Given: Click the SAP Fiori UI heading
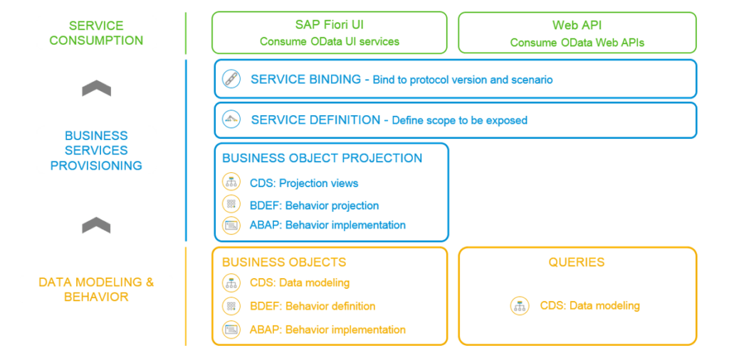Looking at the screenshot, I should (x=329, y=25).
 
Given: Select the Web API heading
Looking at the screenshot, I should (x=577, y=25).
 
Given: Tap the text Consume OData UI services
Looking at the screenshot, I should (x=329, y=41).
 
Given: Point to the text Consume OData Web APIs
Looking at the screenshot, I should (x=577, y=42).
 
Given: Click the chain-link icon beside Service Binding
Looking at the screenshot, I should (x=231, y=79).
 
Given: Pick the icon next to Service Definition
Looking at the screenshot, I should (x=231, y=120).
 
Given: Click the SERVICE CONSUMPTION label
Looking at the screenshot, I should (x=96, y=33).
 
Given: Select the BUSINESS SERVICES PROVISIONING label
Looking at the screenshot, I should (x=96, y=150).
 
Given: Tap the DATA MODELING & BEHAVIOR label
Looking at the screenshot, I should (x=96, y=289).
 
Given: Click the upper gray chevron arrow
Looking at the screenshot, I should (x=96, y=88).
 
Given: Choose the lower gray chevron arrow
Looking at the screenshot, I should (x=96, y=225).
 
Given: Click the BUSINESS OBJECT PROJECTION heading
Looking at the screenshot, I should (x=322, y=158).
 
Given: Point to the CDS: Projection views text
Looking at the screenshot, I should (x=304, y=183).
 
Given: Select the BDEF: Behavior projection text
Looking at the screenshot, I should (x=314, y=205).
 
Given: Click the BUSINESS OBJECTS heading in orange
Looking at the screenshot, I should (x=284, y=262).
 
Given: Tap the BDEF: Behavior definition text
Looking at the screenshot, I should (x=313, y=306).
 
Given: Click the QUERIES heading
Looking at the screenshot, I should (x=577, y=262).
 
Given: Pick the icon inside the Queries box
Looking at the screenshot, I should (x=520, y=306).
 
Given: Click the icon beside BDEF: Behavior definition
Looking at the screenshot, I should (x=231, y=306).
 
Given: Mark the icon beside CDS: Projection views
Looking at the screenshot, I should (x=231, y=183).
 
